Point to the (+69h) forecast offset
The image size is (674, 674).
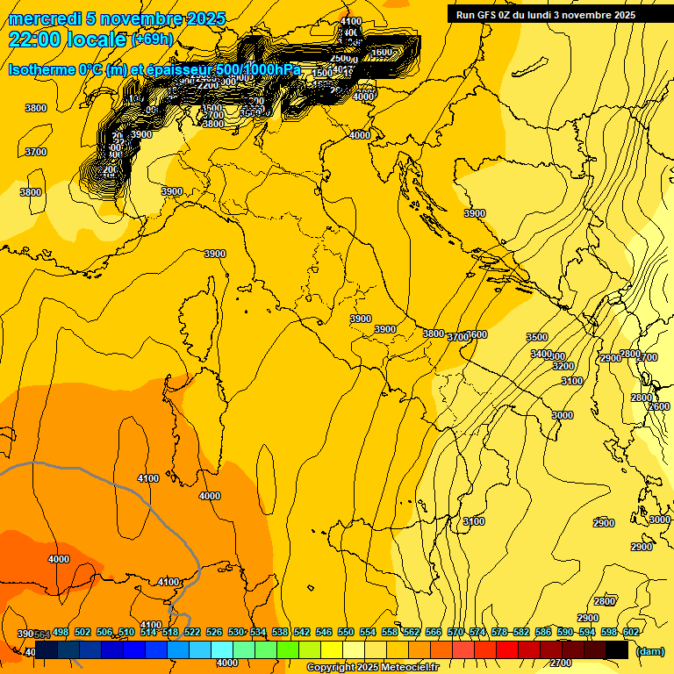pos(152,39)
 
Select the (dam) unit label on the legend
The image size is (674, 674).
pos(649,650)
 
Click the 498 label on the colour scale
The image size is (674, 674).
pos(61,633)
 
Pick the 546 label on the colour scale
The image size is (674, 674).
pos(324,633)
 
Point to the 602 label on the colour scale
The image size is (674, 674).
pos(631,633)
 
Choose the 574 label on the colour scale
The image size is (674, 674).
pos(477,633)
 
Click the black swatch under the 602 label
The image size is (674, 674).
pos(617,650)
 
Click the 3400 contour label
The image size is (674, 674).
pos(541,354)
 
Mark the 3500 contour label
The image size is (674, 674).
pos(537,338)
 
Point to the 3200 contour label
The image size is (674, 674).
pos(563,366)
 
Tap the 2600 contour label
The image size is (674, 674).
pos(658,407)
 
